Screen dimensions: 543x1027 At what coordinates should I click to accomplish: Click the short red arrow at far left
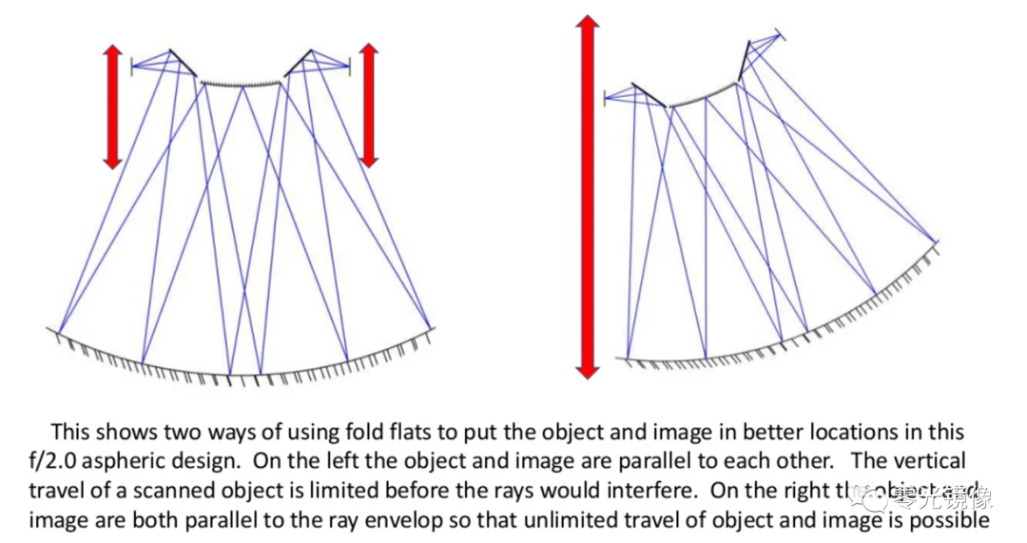113,107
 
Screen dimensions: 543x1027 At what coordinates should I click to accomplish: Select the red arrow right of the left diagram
369,105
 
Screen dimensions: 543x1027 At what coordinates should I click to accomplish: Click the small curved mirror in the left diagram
242,84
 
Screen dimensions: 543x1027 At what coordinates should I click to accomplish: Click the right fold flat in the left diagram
298,63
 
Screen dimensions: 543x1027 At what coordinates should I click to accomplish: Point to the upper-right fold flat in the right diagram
745,61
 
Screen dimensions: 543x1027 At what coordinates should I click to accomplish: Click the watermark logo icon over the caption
864,495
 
